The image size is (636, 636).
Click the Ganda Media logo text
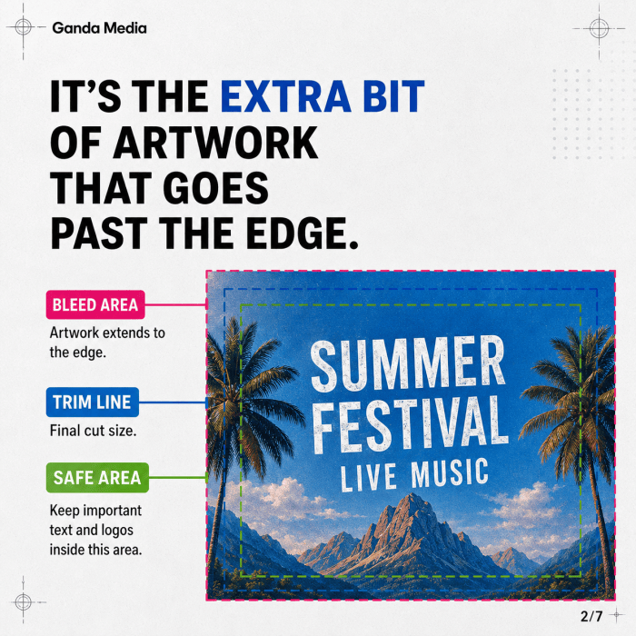pos(99,28)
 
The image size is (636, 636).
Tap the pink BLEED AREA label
pos(95,304)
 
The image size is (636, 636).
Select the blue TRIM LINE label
pos(93,402)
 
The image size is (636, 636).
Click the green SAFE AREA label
pos(97,478)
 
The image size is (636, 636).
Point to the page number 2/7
pos(591,616)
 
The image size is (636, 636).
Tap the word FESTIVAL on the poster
pos(411,424)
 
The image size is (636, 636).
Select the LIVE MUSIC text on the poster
pos(414,475)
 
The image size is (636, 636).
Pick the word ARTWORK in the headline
pos(216,143)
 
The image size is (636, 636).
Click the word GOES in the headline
pos(216,188)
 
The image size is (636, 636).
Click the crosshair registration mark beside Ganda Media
pos(23,27)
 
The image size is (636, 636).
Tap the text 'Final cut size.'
pos(93,431)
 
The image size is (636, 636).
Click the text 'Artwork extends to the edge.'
pos(107,343)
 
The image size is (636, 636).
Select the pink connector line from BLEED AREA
pos(175,304)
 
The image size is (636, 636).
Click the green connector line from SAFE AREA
pos(178,477)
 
